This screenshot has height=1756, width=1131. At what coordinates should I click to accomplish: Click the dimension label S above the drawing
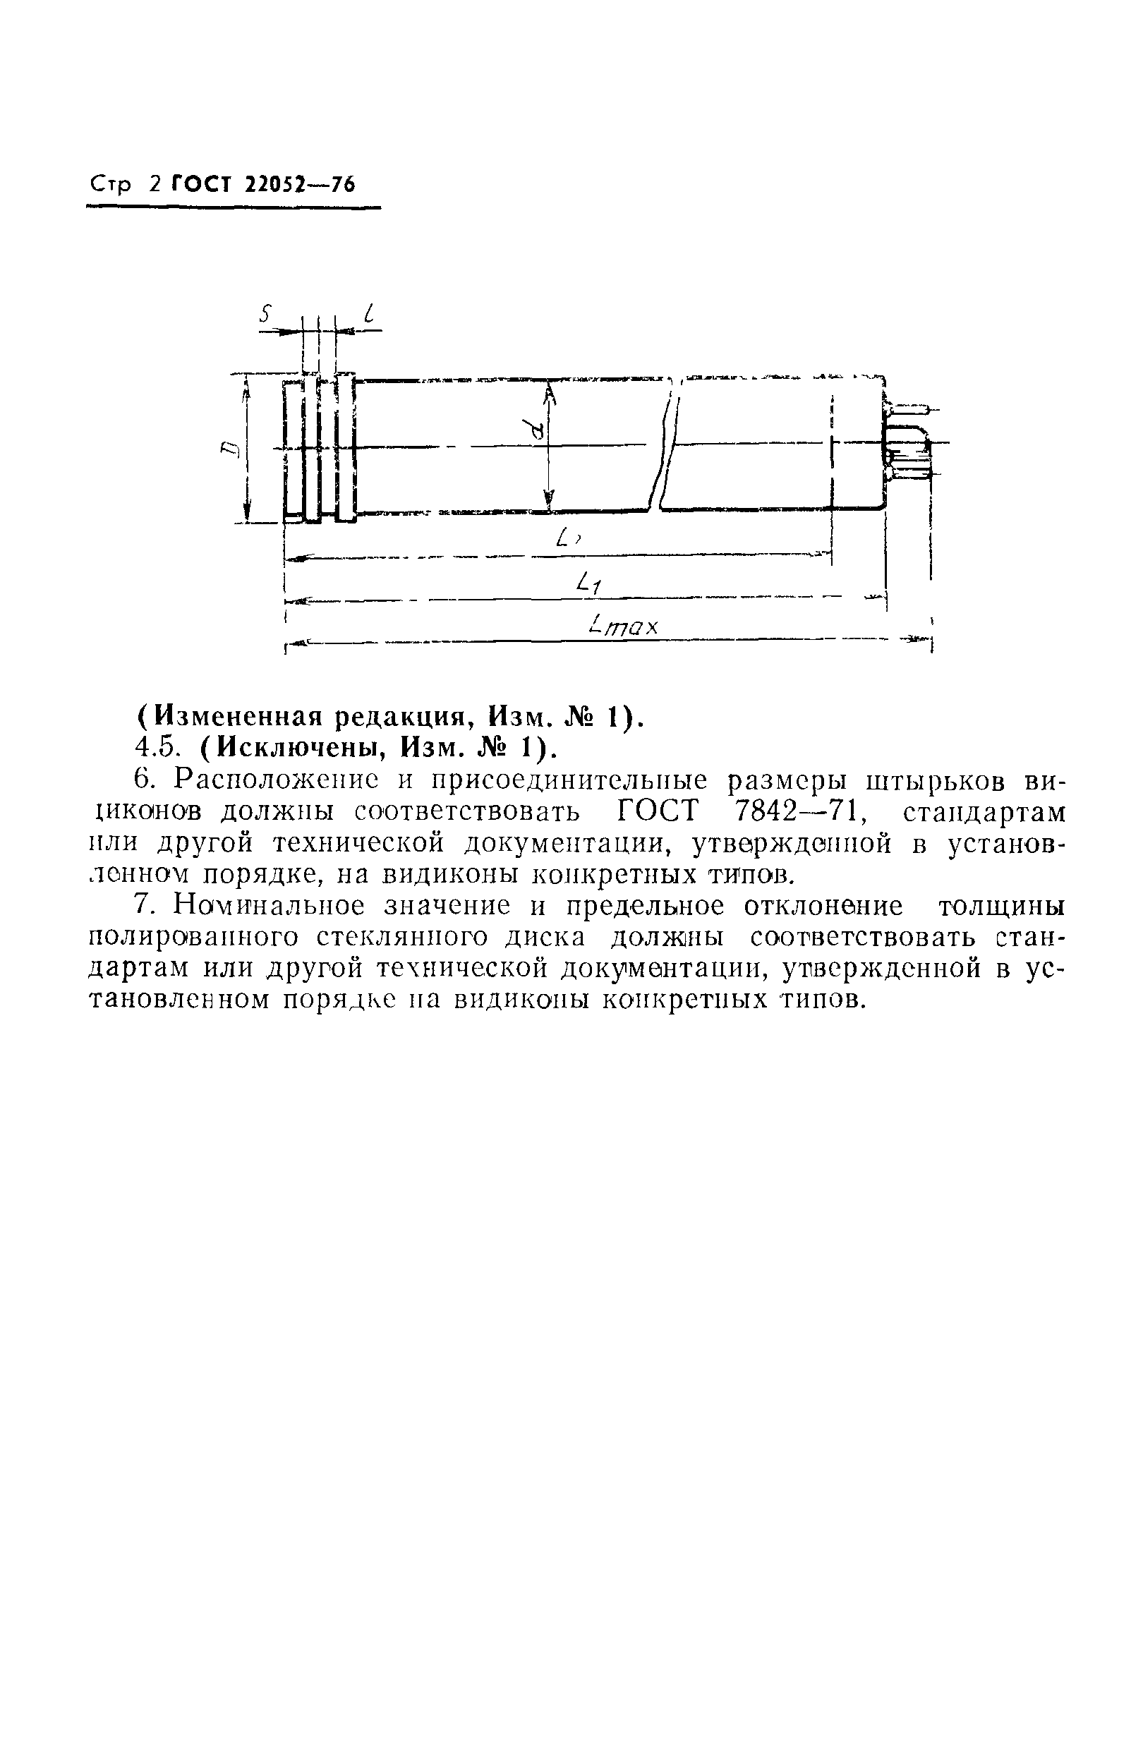coord(267,315)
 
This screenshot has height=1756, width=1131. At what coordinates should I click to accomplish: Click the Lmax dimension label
coord(625,627)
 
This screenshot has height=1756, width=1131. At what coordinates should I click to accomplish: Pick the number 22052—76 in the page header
coord(299,184)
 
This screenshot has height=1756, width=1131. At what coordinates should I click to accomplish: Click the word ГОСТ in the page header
coord(200,184)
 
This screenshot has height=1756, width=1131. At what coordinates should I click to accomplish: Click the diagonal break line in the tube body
coord(665,448)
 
